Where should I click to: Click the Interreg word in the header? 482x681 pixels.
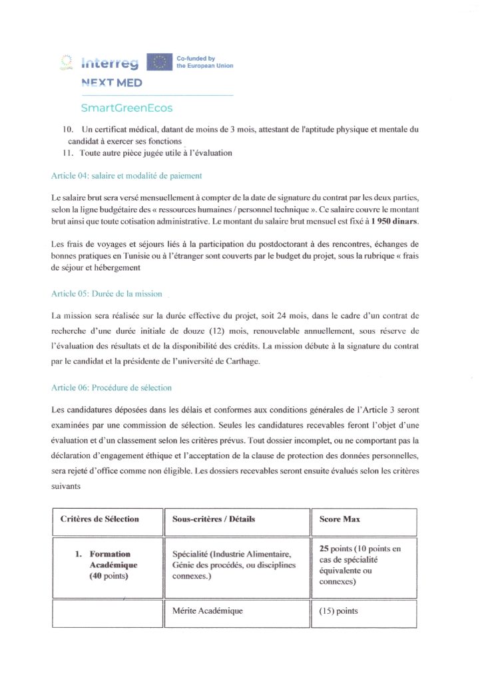(x=110, y=63)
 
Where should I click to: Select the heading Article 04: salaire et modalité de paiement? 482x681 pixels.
(x=126, y=176)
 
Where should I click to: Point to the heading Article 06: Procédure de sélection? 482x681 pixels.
(x=111, y=388)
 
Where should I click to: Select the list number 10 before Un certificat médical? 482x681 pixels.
(x=58, y=129)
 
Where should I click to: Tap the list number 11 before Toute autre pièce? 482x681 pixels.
(x=58, y=153)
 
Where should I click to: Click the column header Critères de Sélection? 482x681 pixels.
(x=100, y=519)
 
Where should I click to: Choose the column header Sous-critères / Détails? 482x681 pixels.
(x=209, y=519)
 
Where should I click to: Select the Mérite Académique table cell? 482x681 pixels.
(x=207, y=611)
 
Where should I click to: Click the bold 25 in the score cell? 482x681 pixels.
(x=325, y=548)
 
